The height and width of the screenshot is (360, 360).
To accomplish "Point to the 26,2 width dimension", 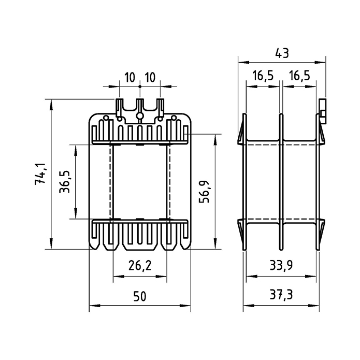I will (139, 266).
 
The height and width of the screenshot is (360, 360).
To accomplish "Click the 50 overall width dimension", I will (139, 296).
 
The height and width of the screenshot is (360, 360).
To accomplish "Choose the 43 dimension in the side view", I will (282, 53).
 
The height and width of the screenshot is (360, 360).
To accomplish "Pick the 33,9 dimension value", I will (282, 266).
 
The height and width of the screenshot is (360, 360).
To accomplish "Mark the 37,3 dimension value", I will (282, 296).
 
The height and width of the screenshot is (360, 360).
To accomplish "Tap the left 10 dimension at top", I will (129, 78).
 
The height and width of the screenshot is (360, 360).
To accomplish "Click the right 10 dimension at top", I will (150, 78).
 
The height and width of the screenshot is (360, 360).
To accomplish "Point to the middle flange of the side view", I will (281, 181).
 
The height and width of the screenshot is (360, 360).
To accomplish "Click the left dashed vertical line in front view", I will (112, 181).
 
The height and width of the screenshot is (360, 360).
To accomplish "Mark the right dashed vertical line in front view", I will (167, 181).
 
